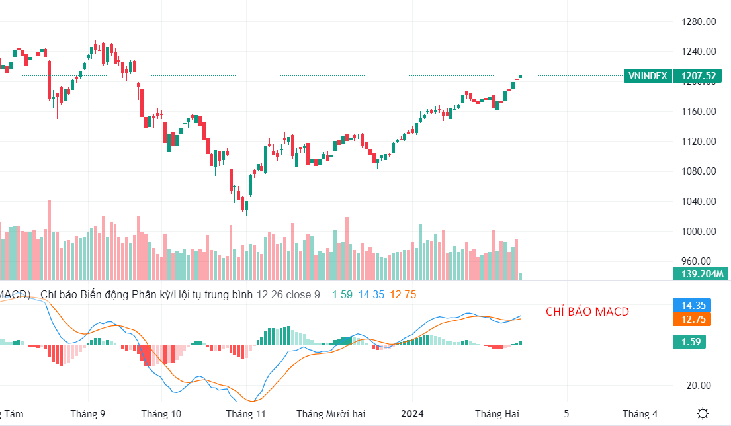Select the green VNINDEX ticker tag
click(x=648, y=76)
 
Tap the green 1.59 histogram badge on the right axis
click(x=689, y=341)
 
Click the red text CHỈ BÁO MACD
click(x=587, y=312)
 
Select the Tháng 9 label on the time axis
click(x=88, y=414)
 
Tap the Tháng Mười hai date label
click(x=331, y=414)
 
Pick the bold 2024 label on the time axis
click(x=412, y=414)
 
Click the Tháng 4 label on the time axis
click(x=640, y=414)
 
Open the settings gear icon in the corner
click(x=703, y=413)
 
